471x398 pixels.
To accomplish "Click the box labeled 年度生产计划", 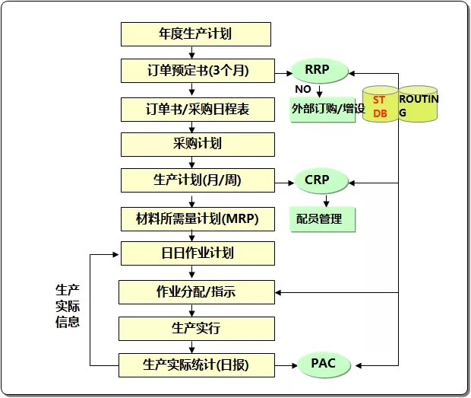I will point(195,33).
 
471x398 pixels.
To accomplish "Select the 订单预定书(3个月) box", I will point(195,72).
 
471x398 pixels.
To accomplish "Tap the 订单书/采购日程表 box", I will point(195,109).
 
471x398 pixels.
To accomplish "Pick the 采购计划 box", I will point(195,144).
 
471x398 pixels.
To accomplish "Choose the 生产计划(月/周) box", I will point(195,180).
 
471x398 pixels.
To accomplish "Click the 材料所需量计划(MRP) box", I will point(195,219).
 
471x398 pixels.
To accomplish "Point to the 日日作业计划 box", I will point(195,253).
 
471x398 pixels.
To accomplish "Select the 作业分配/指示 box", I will point(195,291).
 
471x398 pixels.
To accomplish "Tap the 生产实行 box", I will point(195,329).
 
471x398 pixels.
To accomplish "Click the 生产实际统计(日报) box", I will point(195,365).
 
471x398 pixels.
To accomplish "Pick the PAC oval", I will point(322,364).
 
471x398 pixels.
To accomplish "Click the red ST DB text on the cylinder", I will point(379,107).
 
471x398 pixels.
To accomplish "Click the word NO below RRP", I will point(303,89).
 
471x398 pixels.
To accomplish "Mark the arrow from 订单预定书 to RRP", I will point(282,72).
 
